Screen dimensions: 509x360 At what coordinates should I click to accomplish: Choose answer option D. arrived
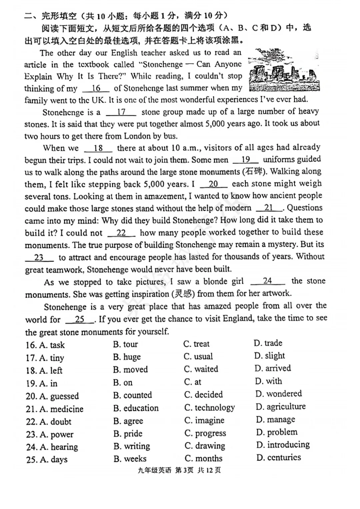[273, 368]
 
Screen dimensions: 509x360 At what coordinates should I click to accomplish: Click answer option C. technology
[209, 407]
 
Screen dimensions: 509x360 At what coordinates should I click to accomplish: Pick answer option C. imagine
[204, 420]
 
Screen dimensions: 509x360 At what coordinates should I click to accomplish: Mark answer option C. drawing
[205, 446]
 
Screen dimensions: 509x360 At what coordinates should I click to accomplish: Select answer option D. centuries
[279, 457]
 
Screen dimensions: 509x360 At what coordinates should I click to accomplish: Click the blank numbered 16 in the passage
[96, 88]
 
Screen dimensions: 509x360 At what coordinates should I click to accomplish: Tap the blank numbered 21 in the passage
[269, 208]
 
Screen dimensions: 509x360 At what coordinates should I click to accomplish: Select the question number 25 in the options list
[32, 460]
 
